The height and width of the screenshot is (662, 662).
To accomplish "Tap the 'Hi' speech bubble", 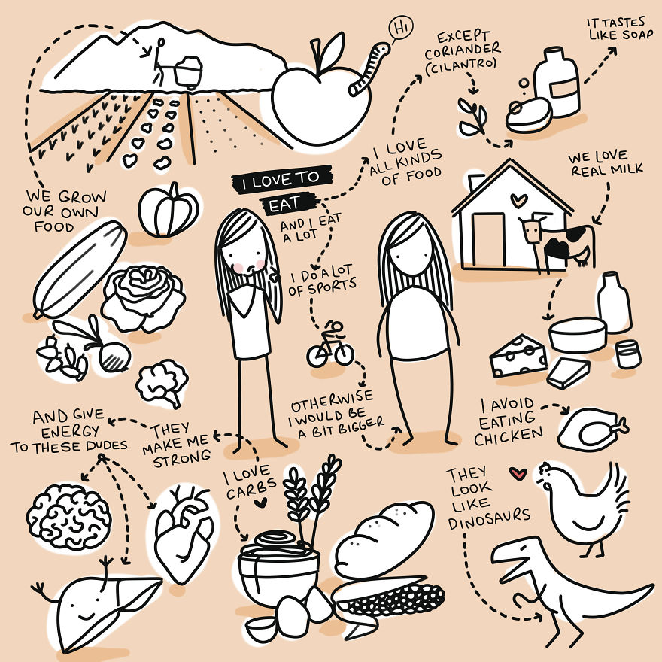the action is [401, 29].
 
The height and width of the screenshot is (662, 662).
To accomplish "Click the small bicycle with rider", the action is [330, 345].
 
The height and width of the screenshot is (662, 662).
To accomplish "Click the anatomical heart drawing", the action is [184, 532].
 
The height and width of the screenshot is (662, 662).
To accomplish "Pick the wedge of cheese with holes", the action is [518, 356].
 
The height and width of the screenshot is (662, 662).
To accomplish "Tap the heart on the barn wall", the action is [518, 200].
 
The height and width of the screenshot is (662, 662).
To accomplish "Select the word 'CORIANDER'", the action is [463, 51].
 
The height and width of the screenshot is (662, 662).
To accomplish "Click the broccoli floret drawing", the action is [162, 383].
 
